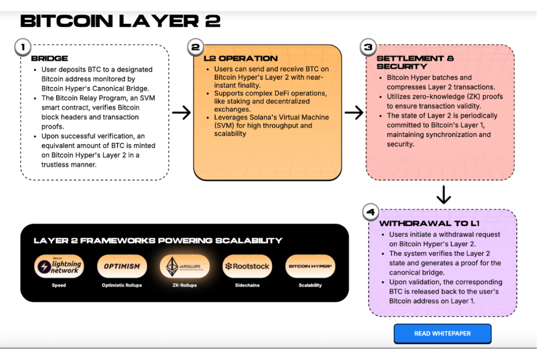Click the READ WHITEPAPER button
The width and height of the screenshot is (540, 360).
point(442,334)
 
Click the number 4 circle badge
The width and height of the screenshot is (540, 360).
point(370,212)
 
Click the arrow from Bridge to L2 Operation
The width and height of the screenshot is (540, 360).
point(181,113)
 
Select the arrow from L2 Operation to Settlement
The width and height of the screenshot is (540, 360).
point(354,113)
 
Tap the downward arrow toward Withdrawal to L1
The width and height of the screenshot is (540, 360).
point(444,194)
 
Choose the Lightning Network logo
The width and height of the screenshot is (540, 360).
point(59,266)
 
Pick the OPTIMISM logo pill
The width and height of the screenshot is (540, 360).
point(122,266)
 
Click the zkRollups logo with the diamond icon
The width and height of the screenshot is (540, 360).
point(184,266)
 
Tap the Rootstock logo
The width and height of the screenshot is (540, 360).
point(247,266)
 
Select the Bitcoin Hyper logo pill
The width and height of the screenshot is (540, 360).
point(310,266)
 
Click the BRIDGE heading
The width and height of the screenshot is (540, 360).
point(49,58)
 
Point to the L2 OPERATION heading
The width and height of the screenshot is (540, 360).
point(241,58)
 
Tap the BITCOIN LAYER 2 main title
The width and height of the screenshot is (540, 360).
point(120,21)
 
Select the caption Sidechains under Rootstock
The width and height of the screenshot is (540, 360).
point(247,285)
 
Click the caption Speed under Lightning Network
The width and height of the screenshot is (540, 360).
point(59,285)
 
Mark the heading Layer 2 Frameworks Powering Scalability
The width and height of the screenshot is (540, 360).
point(158,241)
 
